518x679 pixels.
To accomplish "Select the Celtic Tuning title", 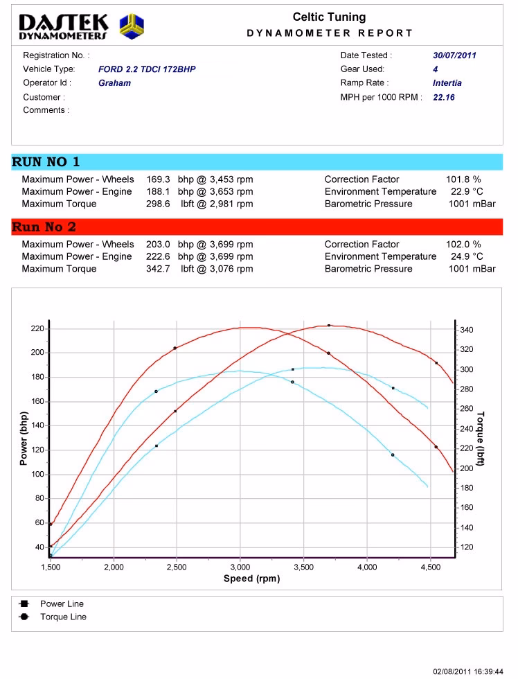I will point(329,17).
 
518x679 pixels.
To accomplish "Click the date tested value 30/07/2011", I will point(454,55).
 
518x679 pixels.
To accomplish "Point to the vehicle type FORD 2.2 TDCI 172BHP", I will point(148,69).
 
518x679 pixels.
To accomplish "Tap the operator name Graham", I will point(114,83).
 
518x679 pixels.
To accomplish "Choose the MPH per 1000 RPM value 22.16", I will point(443,98).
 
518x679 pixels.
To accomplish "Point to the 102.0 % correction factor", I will point(463,245).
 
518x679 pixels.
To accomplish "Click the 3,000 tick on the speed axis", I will point(240,567).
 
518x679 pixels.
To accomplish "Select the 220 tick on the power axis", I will point(36,328).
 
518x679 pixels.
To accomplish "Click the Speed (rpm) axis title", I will point(251,579).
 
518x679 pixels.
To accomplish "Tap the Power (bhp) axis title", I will point(24,437).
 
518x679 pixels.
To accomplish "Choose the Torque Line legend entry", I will point(63,617).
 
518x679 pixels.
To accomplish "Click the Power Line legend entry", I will point(62,603).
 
